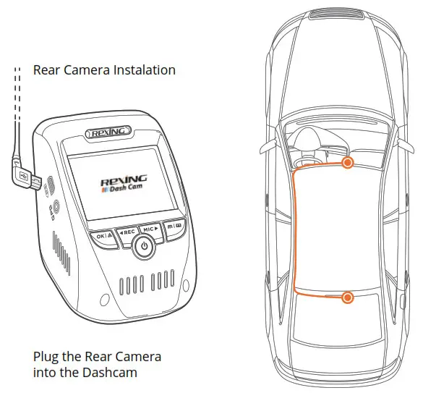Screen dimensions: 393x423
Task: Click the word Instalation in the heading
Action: (141, 70)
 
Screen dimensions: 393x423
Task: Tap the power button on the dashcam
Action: (144, 247)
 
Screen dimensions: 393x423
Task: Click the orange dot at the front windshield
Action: (348, 163)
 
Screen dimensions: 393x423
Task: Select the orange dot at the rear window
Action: (348, 297)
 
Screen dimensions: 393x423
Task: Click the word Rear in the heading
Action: (48, 70)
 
